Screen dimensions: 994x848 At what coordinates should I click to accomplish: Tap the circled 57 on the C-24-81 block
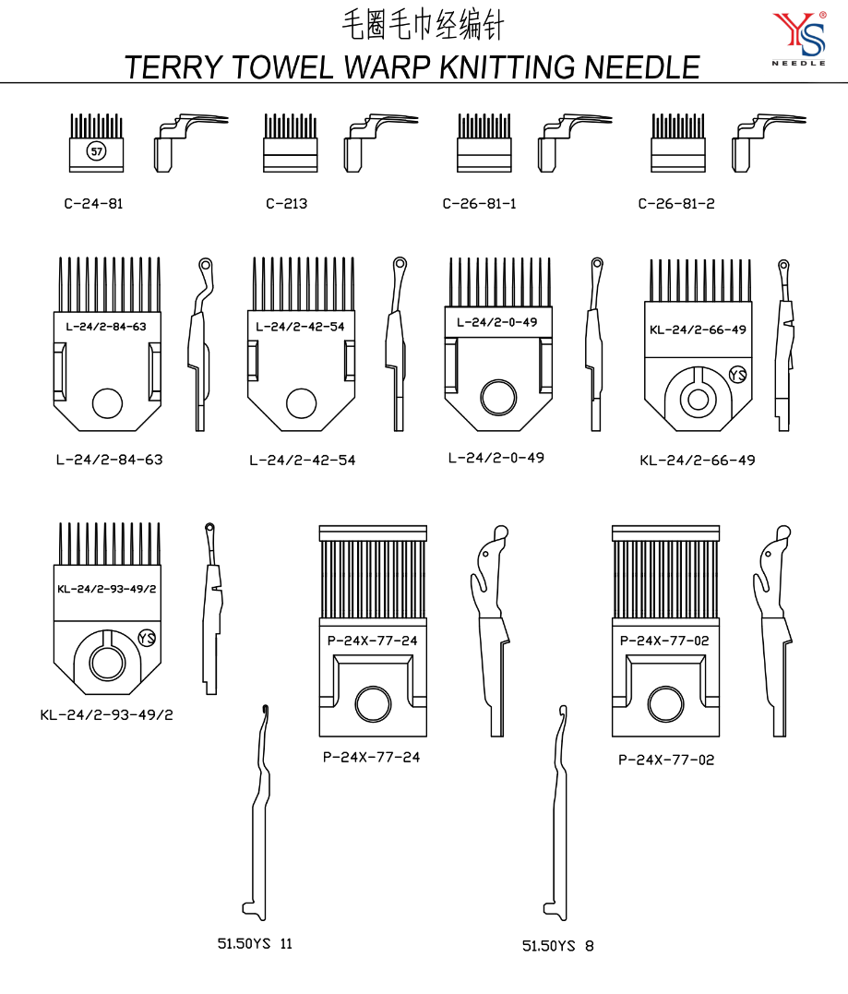click(95, 151)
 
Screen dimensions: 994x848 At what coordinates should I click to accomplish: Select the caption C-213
click(286, 204)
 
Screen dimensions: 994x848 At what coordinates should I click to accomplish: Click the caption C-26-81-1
click(479, 204)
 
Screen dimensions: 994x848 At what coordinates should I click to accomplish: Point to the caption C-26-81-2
click(676, 204)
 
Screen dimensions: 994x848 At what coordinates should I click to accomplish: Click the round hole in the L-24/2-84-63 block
click(108, 402)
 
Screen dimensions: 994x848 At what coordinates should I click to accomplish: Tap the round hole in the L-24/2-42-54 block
click(302, 402)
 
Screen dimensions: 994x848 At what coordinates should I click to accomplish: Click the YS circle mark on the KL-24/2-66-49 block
click(736, 375)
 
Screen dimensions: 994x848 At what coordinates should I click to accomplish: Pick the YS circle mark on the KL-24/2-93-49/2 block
click(146, 638)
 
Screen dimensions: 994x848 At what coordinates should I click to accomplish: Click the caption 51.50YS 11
click(255, 943)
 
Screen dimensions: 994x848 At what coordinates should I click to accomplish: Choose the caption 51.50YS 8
click(557, 946)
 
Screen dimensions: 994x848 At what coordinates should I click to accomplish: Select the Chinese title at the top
click(424, 24)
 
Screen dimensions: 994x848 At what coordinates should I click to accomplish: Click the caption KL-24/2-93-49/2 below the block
click(106, 714)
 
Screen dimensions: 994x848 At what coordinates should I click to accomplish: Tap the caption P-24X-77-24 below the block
click(372, 758)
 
